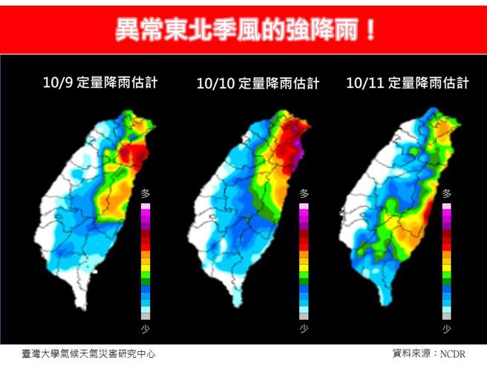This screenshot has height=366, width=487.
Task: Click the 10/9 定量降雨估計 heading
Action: pyautogui.click(x=101, y=82)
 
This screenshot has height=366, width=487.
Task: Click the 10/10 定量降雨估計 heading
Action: pyautogui.click(x=258, y=83)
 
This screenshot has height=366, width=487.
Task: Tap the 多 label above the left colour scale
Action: pyautogui.click(x=146, y=193)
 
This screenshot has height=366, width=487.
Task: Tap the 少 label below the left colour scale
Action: pyautogui.click(x=146, y=328)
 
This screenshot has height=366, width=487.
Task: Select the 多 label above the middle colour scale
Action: pyautogui.click(x=304, y=193)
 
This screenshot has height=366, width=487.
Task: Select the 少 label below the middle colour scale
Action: pyautogui.click(x=304, y=328)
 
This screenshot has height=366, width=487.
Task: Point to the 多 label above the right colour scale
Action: pyautogui.click(x=446, y=193)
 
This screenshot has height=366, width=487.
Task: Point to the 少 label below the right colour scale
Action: pyautogui.click(x=446, y=328)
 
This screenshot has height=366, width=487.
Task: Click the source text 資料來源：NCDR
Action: pyautogui.click(x=428, y=354)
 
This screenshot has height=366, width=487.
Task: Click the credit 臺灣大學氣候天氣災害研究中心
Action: pyautogui.click(x=88, y=354)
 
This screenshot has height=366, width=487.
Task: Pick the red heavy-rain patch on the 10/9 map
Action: pyautogui.click(x=132, y=154)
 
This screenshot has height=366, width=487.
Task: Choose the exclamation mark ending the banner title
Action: pyautogui.click(x=369, y=30)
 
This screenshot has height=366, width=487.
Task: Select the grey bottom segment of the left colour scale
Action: pyautogui.click(x=146, y=315)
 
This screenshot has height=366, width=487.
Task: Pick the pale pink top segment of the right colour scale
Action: pyautogui.click(x=446, y=205)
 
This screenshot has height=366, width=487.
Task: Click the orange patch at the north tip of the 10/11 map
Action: pyautogui.click(x=444, y=129)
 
